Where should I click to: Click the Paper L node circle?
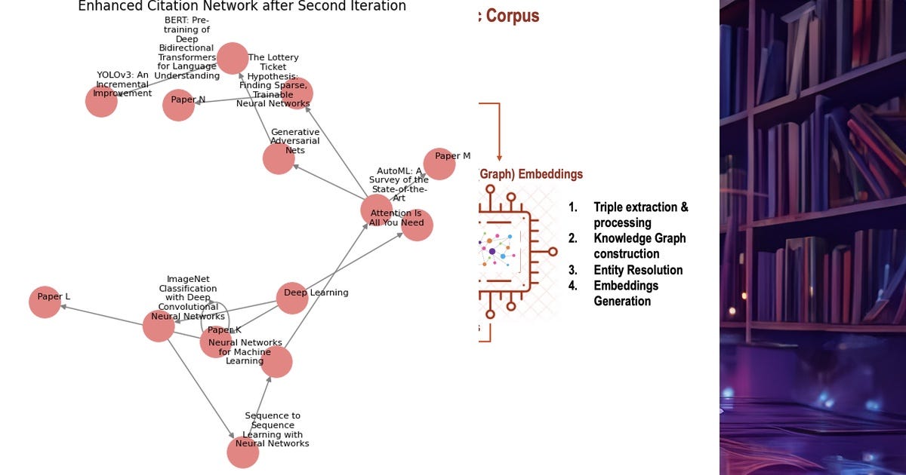(45, 302)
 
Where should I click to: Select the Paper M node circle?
(439, 164)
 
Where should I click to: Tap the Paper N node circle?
(179, 105)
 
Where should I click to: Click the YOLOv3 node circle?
(101, 101)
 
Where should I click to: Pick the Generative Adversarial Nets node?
(279, 158)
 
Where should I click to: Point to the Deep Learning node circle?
(292, 298)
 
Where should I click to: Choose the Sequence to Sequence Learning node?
(243, 452)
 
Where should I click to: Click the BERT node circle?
(233, 58)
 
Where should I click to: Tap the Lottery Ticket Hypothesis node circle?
(297, 93)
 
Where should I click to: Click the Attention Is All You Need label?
(396, 218)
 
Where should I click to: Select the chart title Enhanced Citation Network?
(242, 7)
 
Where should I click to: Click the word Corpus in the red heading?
(513, 15)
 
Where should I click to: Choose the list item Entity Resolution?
(637, 270)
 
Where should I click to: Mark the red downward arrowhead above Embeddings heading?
(499, 157)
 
